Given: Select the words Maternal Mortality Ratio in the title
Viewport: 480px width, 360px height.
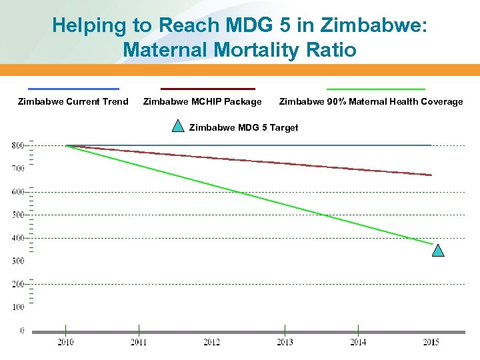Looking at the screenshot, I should coord(239,50).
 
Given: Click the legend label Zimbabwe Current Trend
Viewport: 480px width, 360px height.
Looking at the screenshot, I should coord(73,101).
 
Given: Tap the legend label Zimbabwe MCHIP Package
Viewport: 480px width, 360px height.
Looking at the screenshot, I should coord(203,101).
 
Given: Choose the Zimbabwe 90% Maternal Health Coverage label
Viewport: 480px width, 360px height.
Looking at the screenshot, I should coord(371,101).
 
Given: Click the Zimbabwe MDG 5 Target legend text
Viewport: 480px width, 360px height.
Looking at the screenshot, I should coord(244,127).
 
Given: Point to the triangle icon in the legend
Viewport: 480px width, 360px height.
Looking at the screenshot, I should coord(178,125).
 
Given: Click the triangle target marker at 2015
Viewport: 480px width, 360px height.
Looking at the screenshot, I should coord(437,251).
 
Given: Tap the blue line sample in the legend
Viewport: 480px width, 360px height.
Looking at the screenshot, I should coord(73,89).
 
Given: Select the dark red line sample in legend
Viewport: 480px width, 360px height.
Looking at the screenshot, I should coord(207,89).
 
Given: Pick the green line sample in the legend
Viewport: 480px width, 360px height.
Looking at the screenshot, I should coord(375,89).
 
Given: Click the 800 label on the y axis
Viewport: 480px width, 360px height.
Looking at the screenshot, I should coord(18,145).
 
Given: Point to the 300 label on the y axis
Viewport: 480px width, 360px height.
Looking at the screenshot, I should coord(18,261).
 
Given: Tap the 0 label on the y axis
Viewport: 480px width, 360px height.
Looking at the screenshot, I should coord(22,330).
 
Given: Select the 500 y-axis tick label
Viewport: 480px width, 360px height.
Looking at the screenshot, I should coord(18,215).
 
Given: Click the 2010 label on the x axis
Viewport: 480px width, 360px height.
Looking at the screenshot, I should coord(65,343).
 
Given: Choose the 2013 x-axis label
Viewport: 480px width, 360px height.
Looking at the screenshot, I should coord(285,343).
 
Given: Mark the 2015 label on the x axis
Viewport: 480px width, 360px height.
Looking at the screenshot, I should coord(431,343).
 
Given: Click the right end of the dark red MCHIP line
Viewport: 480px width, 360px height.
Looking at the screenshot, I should coord(430,175).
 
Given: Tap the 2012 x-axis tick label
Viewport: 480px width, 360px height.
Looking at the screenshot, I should coord(211,343).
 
